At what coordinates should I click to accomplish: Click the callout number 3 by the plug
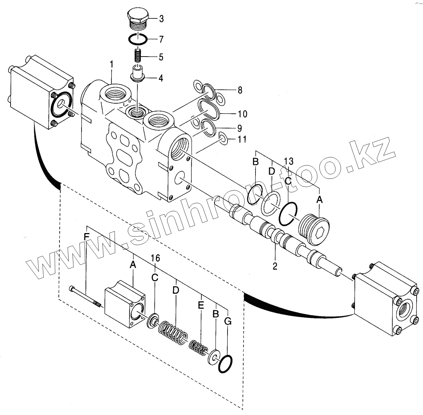coord(161,19)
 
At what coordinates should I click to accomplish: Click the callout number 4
coord(160,78)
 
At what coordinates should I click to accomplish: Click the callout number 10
coord(243,114)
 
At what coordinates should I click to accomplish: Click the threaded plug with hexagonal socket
coord(314,228)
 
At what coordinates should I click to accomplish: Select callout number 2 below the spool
coord(275,265)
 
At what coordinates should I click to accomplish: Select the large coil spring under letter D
coord(173,333)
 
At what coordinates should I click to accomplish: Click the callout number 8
coord(240,90)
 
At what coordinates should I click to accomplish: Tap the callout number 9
coord(239,128)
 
